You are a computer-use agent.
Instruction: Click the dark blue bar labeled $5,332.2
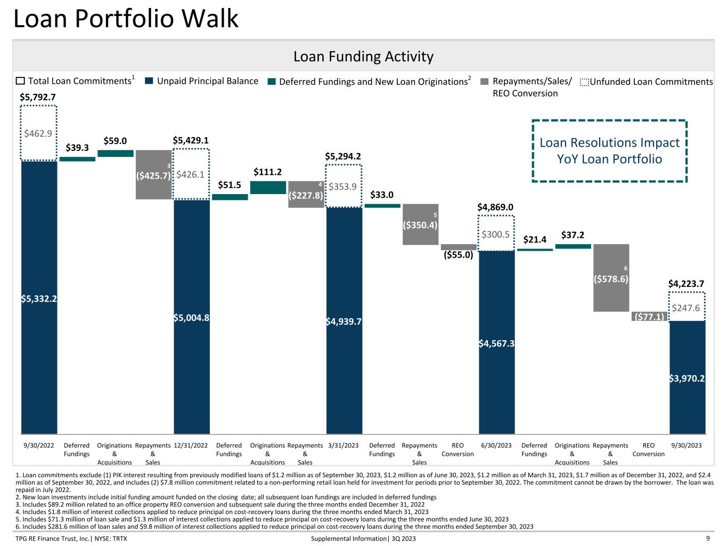click(39, 298)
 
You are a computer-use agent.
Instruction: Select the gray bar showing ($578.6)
click(611, 278)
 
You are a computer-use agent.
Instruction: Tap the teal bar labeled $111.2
click(268, 187)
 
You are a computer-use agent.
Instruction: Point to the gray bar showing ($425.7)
click(154, 174)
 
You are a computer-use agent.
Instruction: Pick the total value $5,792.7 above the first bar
click(38, 97)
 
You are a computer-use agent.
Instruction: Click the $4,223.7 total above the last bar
click(686, 284)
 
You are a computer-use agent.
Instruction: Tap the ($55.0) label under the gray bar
click(459, 254)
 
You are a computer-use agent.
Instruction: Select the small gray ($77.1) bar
click(649, 316)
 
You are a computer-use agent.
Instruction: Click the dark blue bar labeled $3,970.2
click(687, 378)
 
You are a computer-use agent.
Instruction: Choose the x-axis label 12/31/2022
click(191, 445)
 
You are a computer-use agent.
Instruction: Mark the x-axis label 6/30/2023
click(496, 445)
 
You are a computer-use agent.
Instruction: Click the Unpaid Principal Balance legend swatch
click(149, 81)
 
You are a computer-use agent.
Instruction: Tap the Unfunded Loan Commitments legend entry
click(646, 82)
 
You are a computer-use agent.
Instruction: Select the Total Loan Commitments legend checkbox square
click(20, 81)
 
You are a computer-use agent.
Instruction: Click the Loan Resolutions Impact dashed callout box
click(609, 121)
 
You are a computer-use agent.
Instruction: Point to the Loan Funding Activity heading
click(363, 57)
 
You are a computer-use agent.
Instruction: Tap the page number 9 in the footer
click(708, 539)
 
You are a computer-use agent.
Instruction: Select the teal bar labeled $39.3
click(77, 159)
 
